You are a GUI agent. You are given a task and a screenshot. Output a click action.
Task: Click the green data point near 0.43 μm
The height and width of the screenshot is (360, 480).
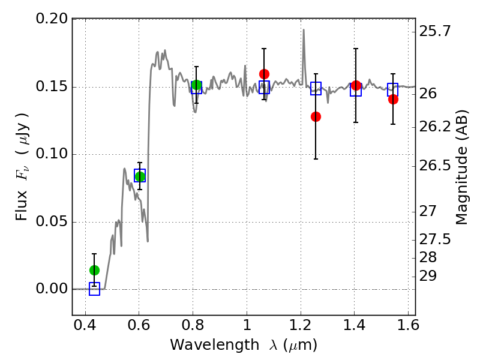tap(94, 271)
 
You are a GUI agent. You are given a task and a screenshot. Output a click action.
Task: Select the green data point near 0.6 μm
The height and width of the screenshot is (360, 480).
tap(140, 176)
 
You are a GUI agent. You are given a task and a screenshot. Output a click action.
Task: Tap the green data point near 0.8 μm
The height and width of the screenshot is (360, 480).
tap(197, 85)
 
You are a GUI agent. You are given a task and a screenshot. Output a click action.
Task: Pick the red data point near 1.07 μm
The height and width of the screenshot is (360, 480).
tap(264, 74)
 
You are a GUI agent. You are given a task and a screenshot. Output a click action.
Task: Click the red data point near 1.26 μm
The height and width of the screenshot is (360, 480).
tap(316, 116)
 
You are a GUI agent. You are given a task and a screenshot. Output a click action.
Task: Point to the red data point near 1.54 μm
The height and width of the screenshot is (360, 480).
tap(393, 99)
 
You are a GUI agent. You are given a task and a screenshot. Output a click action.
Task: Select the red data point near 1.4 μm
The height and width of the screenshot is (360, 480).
tap(356, 86)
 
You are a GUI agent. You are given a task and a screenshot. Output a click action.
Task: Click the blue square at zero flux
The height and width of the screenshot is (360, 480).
tap(94, 289)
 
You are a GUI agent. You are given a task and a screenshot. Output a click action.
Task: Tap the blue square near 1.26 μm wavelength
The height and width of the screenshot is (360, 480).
tap(316, 88)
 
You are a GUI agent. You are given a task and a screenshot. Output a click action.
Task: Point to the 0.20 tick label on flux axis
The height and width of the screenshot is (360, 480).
tap(52, 19)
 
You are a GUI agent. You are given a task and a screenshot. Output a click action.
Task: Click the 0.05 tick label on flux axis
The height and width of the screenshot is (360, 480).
tap(52, 221)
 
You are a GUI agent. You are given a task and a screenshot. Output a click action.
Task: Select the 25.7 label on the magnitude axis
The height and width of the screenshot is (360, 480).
tap(435, 31)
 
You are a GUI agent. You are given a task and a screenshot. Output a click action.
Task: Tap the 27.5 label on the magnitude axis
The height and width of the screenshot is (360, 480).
tap(435, 239)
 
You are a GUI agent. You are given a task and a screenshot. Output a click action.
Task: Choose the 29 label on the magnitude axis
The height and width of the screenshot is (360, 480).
tap(428, 276)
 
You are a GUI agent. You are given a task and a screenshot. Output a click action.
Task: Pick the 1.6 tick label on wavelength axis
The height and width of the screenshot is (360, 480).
tap(408, 325)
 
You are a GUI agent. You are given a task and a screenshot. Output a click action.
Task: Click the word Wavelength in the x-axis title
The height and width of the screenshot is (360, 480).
tap(215, 345)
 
